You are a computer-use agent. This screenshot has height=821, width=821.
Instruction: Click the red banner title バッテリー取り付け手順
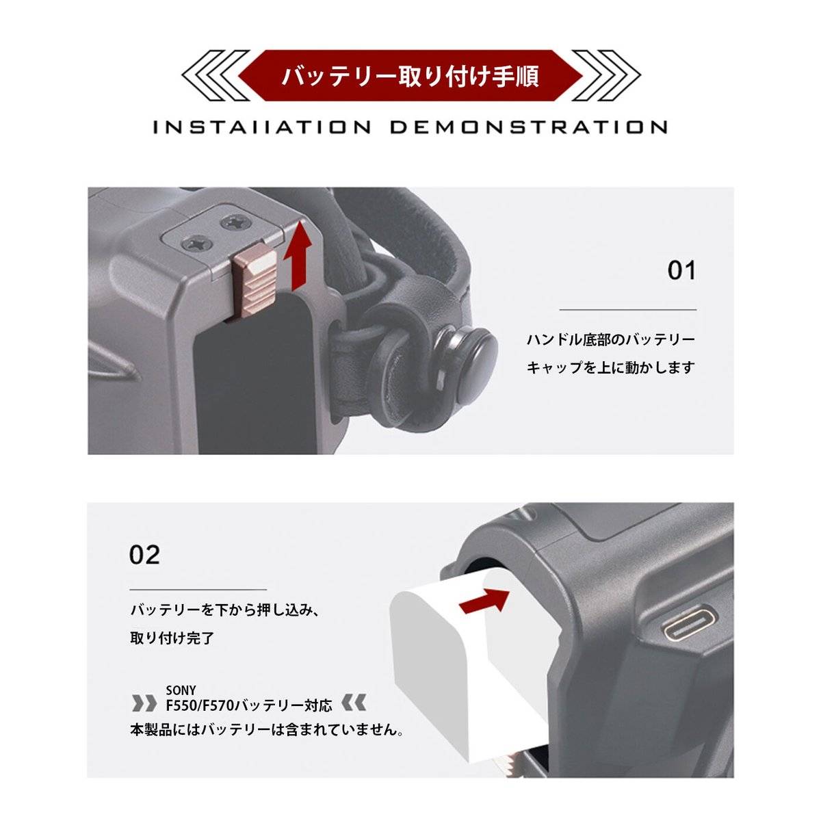click(410, 76)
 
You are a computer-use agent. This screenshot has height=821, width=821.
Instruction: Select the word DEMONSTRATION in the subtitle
click(529, 127)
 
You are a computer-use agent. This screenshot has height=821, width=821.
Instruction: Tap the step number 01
click(681, 271)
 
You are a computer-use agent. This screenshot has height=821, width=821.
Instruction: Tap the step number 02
click(144, 554)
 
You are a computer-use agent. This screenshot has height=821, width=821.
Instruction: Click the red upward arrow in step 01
click(298, 259)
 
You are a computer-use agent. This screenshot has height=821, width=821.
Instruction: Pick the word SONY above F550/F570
click(181, 690)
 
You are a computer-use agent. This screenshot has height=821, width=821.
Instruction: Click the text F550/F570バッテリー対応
click(249, 705)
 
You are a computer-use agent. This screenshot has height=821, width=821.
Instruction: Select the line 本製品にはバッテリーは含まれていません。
click(266, 729)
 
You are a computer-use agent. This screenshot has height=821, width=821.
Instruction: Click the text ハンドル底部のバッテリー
click(610, 339)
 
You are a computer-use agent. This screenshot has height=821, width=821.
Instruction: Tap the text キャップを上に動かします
click(610, 367)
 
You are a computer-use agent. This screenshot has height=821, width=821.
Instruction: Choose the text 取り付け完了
click(172, 638)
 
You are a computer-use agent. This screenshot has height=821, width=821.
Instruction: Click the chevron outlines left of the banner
click(212, 75)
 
